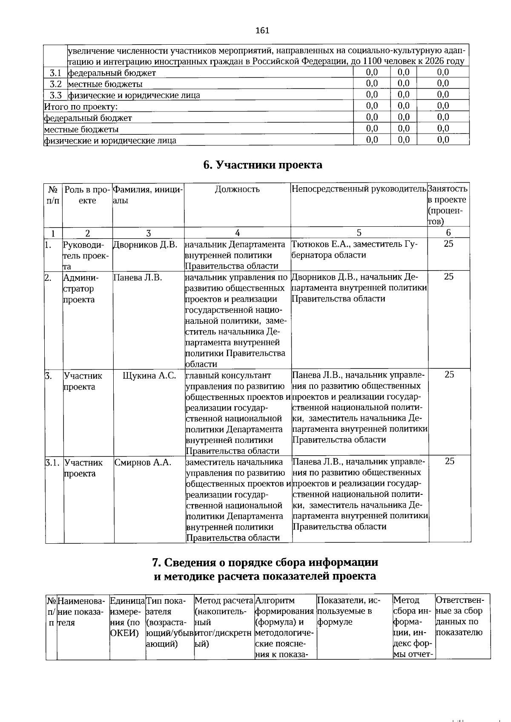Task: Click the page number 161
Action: coord(262,30)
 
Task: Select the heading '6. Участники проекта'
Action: coord(262,165)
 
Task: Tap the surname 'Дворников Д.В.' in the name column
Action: coord(145,244)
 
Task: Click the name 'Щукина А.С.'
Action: coord(149,375)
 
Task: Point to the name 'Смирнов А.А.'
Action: coord(143,462)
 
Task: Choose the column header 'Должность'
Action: coord(237,189)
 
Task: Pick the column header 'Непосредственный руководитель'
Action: coord(359,189)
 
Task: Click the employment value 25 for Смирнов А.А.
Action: coord(450,461)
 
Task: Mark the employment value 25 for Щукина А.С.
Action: coord(450,374)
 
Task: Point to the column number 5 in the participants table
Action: coord(359,233)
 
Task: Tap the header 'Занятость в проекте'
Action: coord(448,194)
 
